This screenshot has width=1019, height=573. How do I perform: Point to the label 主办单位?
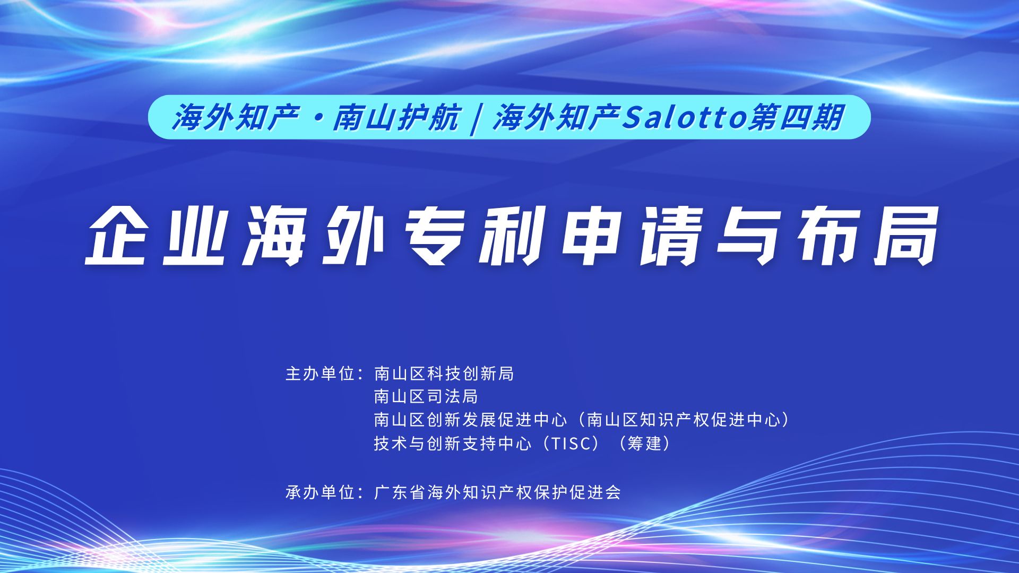[x=320, y=374]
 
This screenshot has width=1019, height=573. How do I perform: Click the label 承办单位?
[x=320, y=492]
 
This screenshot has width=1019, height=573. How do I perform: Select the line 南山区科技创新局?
[x=444, y=374]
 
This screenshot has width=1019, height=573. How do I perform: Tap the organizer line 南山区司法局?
[x=426, y=396]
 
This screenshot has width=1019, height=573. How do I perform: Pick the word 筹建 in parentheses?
[x=644, y=443]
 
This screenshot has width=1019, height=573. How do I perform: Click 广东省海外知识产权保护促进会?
[x=497, y=492]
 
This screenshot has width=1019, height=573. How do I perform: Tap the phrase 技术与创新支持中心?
[x=453, y=443]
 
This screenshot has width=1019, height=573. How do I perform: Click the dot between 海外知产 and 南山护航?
[x=317, y=118]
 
